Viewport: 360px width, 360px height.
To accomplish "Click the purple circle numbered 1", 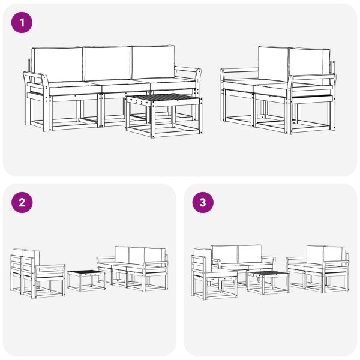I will point(22,23).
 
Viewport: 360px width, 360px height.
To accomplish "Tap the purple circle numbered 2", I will point(22,203).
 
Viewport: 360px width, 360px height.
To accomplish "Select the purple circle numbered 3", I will point(203,203).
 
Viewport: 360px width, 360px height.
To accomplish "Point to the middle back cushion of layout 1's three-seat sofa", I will point(107,62).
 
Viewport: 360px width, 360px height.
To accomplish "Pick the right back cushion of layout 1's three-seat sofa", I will point(154,62).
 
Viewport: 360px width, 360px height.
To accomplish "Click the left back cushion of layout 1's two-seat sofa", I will point(273,64).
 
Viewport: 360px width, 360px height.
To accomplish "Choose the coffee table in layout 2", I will point(86,279).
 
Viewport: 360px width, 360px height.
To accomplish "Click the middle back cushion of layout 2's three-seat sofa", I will point(136,254).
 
